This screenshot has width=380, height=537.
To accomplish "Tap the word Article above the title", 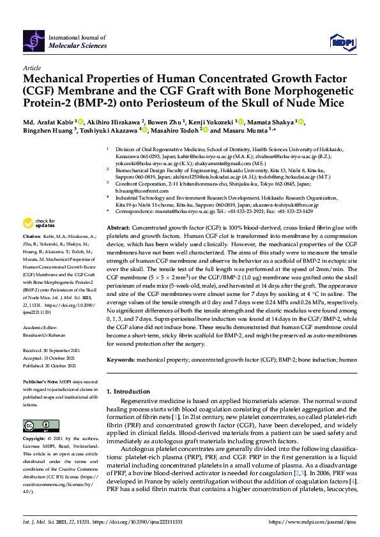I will (x=31, y=67).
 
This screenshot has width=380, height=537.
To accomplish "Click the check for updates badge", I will (x=40, y=223).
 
